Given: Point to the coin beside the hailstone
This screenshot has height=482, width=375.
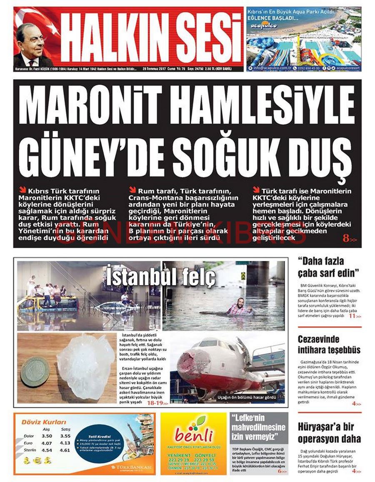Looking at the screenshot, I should (35, 371).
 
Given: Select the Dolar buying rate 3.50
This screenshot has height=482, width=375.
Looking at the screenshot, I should (47, 436).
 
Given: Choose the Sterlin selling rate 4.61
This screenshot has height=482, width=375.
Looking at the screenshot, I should (65, 450).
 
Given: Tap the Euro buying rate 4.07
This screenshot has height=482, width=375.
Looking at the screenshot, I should (47, 443).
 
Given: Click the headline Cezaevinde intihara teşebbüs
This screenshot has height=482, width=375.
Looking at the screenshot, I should (329, 344).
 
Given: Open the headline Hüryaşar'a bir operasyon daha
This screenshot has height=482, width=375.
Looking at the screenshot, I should (329, 432).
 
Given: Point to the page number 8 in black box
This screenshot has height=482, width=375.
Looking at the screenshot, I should (346, 239).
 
